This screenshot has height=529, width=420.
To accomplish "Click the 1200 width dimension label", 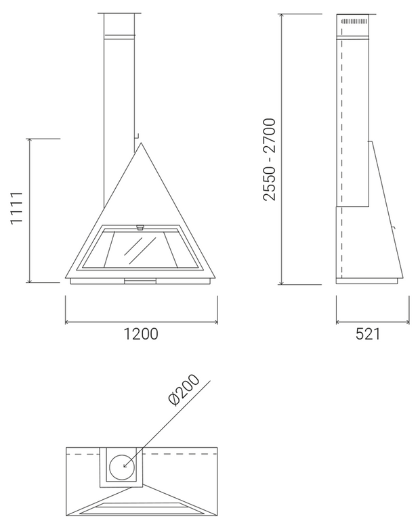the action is point(141,334).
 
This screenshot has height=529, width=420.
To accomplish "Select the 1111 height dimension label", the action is point(16,208).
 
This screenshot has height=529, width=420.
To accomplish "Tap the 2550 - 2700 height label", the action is point(270,159).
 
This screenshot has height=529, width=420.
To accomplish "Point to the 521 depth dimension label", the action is point(368,334).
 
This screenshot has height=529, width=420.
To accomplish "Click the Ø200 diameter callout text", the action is point(184,390).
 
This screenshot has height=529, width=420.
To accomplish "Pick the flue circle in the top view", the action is point(122,467).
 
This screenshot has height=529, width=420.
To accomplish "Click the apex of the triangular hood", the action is point(141,143).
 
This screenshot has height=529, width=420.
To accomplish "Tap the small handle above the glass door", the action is point(140,227).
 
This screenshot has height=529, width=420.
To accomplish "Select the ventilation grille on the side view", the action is point(354,22).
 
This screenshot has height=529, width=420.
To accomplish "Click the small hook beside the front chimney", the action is point(137,136).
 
